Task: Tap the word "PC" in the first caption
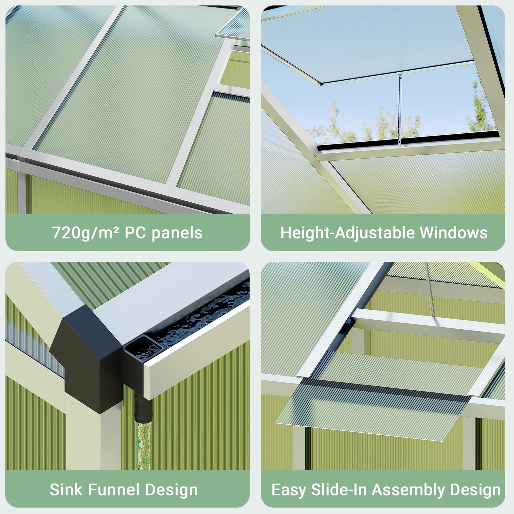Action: [135, 233]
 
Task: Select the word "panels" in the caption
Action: [177, 233]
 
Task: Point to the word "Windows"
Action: [454, 233]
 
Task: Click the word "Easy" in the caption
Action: [288, 490]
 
